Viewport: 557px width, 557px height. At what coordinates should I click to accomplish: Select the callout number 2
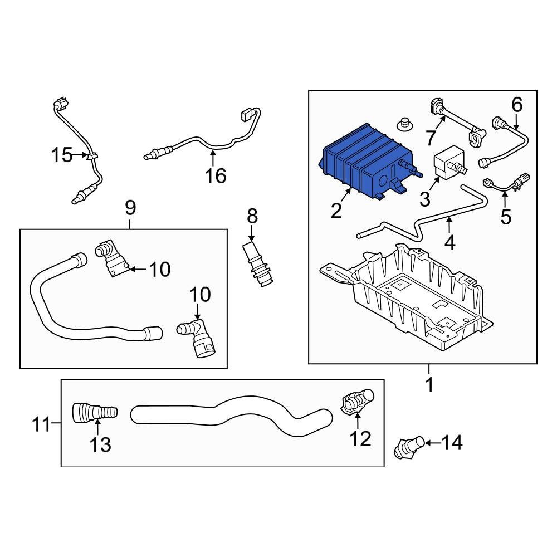[x=336, y=211]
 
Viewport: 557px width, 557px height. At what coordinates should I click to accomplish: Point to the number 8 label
[x=252, y=216]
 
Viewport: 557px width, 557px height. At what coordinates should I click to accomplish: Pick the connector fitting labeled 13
[x=95, y=413]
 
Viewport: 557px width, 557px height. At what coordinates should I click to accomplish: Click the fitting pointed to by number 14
[x=409, y=448]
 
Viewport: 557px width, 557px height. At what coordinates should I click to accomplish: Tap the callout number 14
[x=452, y=443]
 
